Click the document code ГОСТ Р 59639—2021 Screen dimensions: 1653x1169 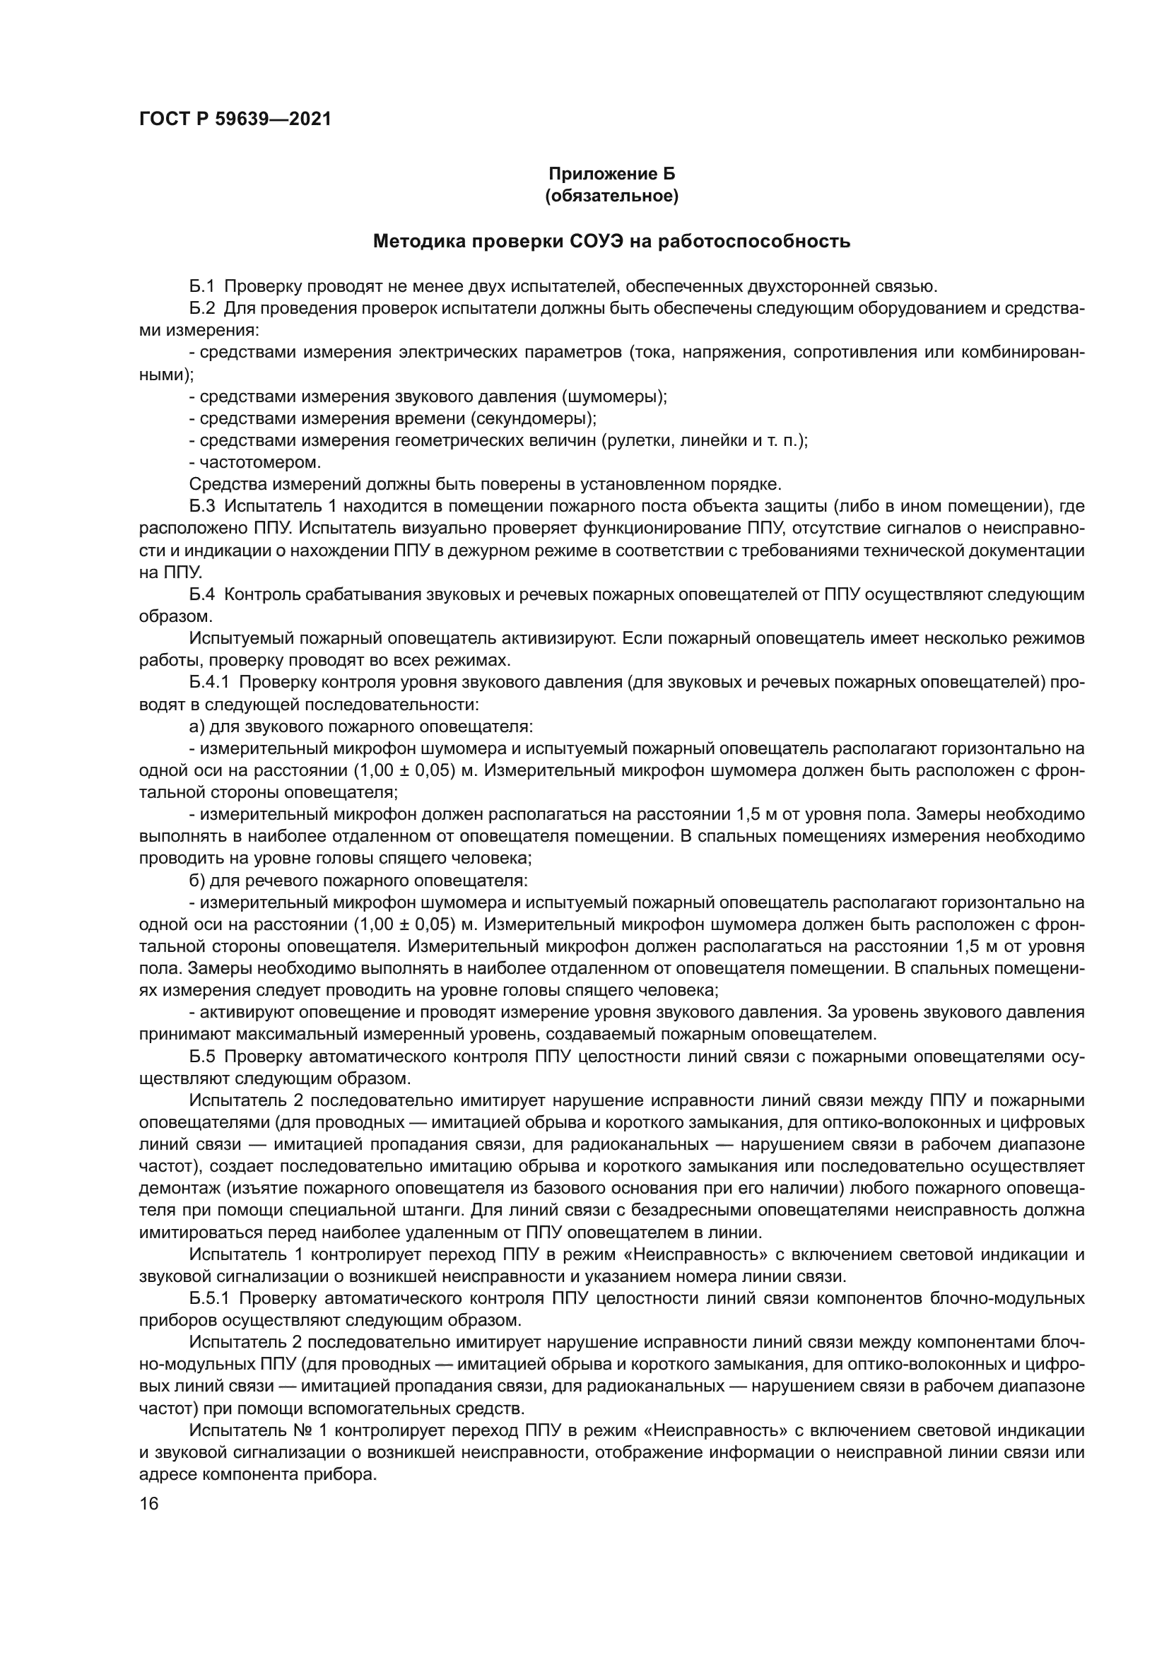coord(235,119)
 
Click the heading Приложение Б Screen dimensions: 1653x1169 coord(612,174)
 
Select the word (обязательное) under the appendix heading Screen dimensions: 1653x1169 coord(612,196)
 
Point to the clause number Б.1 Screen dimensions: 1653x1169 coord(202,286)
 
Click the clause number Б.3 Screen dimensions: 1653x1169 coord(202,506)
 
